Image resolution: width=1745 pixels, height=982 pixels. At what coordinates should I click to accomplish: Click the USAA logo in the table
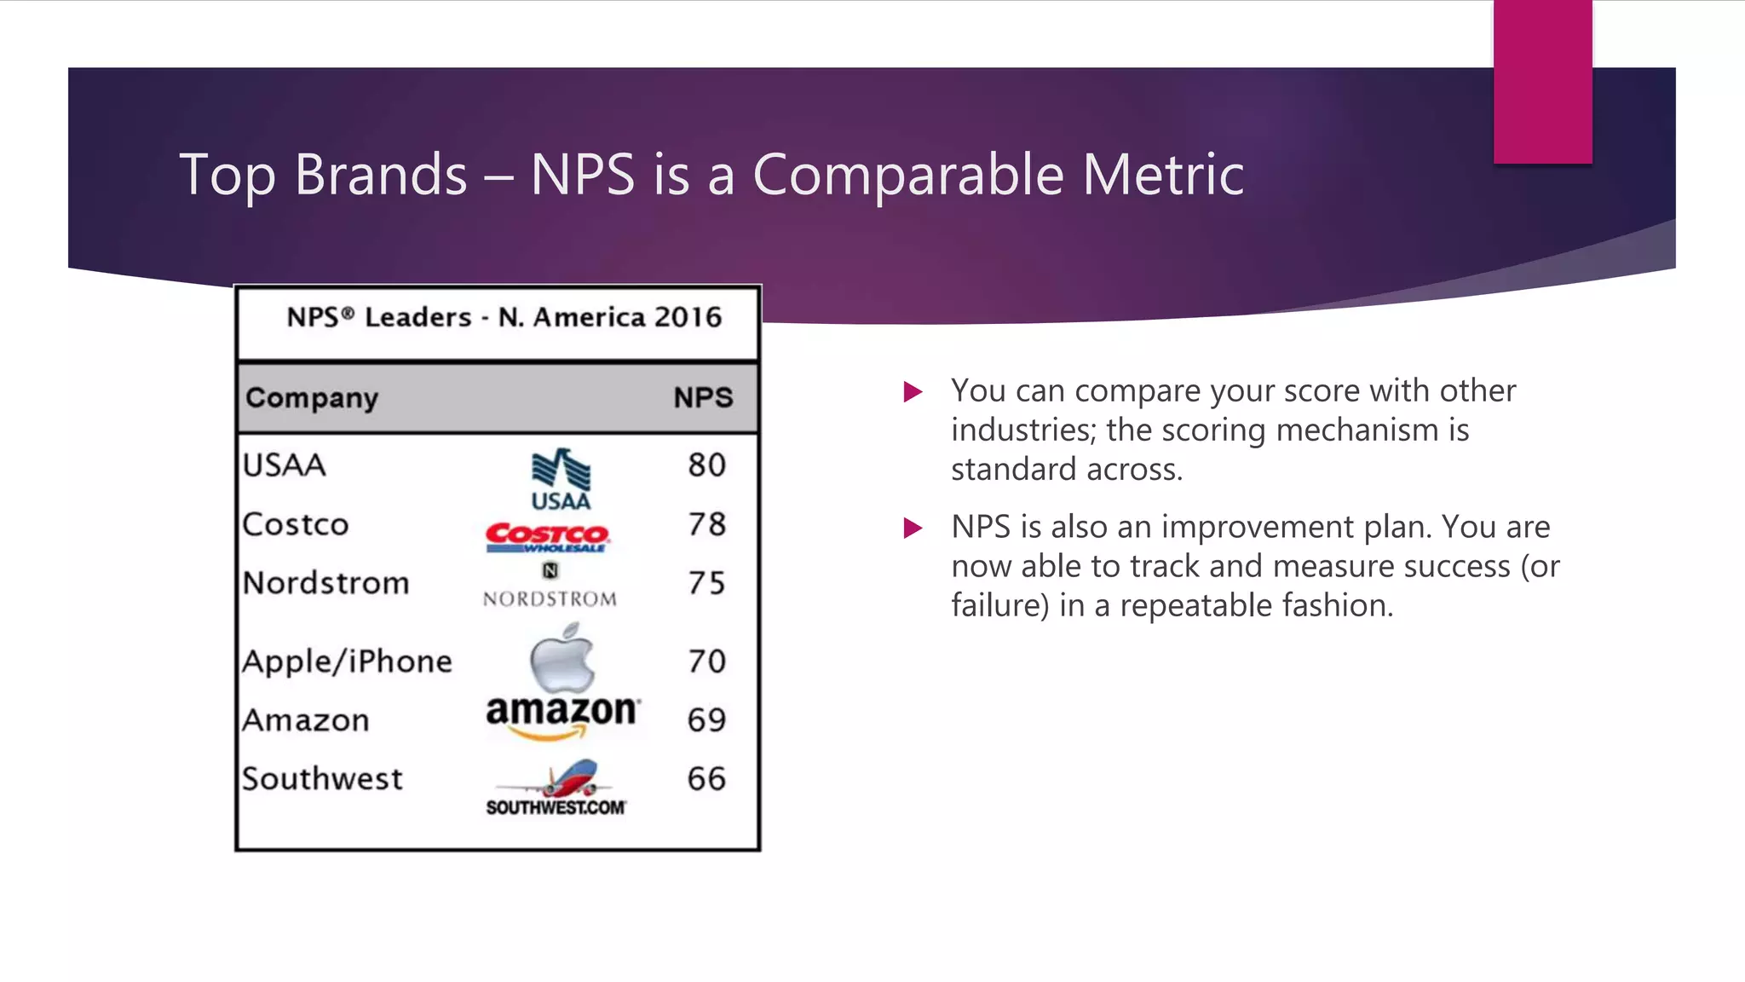pyautogui.click(x=561, y=478)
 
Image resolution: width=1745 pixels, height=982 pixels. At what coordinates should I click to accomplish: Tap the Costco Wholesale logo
pyautogui.click(x=547, y=538)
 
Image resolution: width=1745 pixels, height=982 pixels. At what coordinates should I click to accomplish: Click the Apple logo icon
pyautogui.click(x=562, y=657)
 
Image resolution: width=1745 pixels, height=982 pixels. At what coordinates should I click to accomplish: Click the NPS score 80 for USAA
pyautogui.click(x=706, y=465)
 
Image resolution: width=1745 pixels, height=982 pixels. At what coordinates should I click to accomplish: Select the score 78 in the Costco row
pyautogui.click(x=706, y=524)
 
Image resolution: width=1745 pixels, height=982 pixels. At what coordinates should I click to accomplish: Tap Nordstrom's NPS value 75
pyautogui.click(x=706, y=583)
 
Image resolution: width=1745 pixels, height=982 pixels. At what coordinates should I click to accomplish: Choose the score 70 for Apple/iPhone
pyautogui.click(x=706, y=661)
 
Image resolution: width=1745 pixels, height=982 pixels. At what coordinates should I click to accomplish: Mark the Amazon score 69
pyautogui.click(x=706, y=720)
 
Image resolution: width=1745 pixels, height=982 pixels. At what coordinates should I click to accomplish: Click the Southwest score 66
pyautogui.click(x=706, y=779)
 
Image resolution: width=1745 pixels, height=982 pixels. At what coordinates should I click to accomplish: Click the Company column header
pyautogui.click(x=312, y=398)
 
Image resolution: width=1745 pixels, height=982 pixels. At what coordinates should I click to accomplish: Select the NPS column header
pyautogui.click(x=703, y=398)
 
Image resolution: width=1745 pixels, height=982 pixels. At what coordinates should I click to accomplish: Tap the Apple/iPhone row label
pyautogui.click(x=347, y=661)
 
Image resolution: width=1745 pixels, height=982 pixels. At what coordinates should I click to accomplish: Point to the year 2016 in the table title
pyautogui.click(x=688, y=317)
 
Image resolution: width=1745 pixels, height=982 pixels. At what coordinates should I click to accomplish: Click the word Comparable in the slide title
pyautogui.click(x=908, y=175)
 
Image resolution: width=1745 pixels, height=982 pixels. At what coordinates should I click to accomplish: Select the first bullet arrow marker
pyautogui.click(x=913, y=392)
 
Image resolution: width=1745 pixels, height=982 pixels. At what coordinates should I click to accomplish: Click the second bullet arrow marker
pyautogui.click(x=913, y=529)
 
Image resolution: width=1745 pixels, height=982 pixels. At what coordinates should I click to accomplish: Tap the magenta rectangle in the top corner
pyautogui.click(x=1542, y=81)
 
